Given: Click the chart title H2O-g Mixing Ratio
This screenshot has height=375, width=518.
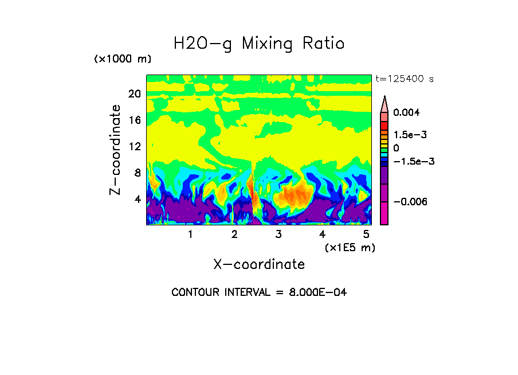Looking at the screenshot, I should [259, 44].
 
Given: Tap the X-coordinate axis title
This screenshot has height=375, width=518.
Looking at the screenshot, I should [259, 264].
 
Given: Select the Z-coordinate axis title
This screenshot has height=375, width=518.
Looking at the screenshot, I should [115, 150].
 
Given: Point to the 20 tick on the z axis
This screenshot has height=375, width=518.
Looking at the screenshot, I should [134, 93].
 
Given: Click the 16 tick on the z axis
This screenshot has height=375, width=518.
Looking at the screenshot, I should [134, 120].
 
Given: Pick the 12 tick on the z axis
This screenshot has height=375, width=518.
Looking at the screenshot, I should [134, 146].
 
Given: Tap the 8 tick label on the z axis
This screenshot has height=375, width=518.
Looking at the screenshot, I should [137, 173].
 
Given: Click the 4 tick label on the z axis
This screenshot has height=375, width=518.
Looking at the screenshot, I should [137, 199].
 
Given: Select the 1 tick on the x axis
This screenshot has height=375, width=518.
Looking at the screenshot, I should [190, 235].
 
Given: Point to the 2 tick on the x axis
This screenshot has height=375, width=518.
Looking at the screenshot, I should [234, 235].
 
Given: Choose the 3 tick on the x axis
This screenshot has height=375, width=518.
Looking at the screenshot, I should [278, 235].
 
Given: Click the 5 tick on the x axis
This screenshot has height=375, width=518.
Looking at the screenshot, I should [366, 235].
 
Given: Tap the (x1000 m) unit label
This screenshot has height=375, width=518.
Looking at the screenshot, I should [123, 59].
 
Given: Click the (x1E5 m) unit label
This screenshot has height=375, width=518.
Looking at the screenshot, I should [350, 247].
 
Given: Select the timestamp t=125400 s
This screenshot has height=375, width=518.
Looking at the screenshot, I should [404, 79].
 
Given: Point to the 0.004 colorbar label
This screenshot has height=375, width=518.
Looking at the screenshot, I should [406, 113].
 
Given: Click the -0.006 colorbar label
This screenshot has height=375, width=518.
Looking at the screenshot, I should [411, 202].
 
